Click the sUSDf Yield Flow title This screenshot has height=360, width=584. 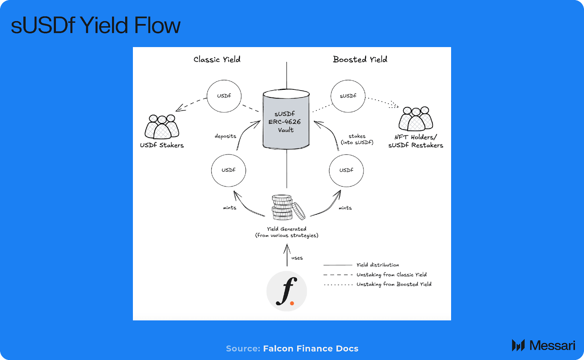click(96, 25)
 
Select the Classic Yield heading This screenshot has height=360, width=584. click(217, 60)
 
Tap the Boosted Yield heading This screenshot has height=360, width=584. click(360, 60)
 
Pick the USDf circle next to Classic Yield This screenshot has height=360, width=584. click(224, 96)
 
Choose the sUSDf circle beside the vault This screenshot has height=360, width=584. click(348, 96)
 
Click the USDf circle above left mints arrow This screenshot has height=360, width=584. click(228, 170)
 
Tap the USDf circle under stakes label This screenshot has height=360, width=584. click(346, 170)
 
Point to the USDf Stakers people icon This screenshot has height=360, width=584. click(162, 126)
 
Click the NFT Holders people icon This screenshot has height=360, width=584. click(416, 119)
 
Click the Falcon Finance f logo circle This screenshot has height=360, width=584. click(287, 291)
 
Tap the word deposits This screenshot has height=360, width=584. click(225, 136)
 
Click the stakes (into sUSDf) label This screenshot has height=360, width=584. click(357, 139)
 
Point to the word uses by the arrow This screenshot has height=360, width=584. click(297, 258)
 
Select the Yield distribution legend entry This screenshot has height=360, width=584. click(377, 265)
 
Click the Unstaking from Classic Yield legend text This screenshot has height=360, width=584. click(391, 275)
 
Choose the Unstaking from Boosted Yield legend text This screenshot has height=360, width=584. click(394, 284)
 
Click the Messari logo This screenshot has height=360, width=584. click(543, 345)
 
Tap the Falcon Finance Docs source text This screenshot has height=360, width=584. click(311, 348)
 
